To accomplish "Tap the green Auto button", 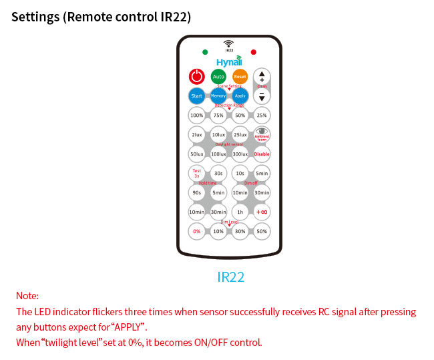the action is [218, 77].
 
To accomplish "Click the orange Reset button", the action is [240, 77].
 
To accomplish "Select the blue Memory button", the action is [218, 96].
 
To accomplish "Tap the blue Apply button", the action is [240, 96].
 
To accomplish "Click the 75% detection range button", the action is [218, 116].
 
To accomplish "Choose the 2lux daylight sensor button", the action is [197, 135].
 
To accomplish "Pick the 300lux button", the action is [240, 154].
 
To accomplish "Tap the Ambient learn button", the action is [262, 135].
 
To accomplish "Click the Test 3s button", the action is [197, 174].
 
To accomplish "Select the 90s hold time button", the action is [197, 193].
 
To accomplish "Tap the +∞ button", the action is [262, 212].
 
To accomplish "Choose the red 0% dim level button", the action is [197, 232].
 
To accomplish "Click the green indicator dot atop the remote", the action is [205, 51].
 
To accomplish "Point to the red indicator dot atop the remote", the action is [253, 51].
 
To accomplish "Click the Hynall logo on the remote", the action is [229, 61].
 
